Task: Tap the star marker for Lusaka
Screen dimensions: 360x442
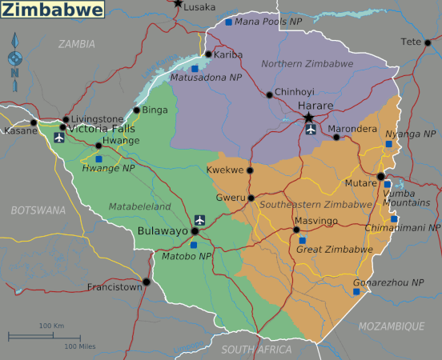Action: coord(178,3)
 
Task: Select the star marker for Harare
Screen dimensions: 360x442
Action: coord(309,118)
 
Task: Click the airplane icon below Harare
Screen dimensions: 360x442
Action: coord(311,130)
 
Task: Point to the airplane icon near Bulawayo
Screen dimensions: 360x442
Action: coord(199,220)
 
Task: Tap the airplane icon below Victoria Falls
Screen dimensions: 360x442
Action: coord(58,138)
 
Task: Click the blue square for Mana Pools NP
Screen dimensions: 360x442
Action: coord(228,22)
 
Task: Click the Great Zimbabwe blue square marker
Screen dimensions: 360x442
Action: coord(301,239)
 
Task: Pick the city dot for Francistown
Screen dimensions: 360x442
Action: coord(146,282)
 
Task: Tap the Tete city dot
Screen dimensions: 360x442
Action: coord(428,42)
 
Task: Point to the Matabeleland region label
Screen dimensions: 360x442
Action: coord(140,206)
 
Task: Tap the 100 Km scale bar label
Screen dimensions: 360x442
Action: coord(51,326)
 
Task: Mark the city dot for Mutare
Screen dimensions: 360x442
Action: coord(381,176)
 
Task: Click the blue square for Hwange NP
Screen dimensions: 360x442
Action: coord(98,158)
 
